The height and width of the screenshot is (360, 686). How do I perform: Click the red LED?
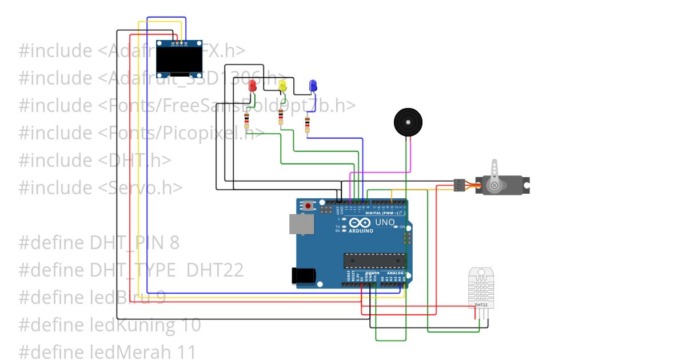pyautogui.click(x=253, y=87)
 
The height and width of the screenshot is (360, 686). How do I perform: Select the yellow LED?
pyautogui.click(x=282, y=87)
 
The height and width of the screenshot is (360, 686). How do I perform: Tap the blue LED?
pyautogui.click(x=313, y=86)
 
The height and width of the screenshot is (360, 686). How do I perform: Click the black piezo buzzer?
pyautogui.click(x=408, y=122)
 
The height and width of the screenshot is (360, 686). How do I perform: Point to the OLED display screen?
pyautogui.click(x=180, y=59)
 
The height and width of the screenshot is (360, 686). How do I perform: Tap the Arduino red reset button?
pyautogui.click(x=309, y=205)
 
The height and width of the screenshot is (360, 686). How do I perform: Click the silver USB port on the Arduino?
pyautogui.click(x=301, y=225)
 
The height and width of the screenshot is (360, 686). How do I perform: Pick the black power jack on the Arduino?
pyautogui.click(x=303, y=276)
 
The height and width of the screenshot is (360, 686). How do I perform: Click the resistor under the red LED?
pyautogui.click(x=246, y=121)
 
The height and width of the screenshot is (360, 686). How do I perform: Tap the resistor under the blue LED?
pyautogui.click(x=308, y=124)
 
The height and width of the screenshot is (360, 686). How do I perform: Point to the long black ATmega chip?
pyautogui.click(x=374, y=260)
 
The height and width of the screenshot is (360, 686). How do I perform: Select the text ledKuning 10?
pyautogui.click(x=145, y=325)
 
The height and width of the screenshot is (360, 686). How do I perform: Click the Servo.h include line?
pyautogui.click(x=101, y=187)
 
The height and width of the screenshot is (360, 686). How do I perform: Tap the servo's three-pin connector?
pyautogui.click(x=458, y=185)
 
